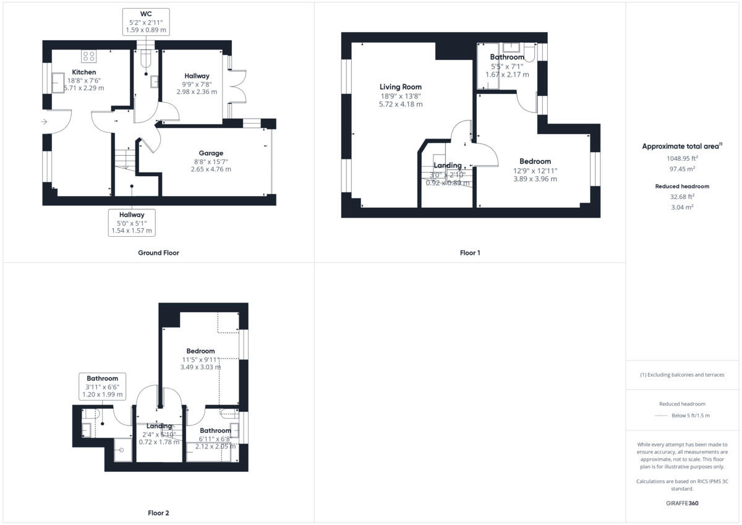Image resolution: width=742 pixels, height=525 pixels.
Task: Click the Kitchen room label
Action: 84,72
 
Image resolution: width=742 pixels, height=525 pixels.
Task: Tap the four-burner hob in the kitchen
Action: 88,57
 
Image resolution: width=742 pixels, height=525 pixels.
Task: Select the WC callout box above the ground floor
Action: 145,22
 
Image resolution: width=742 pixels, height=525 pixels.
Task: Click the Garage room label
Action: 211,153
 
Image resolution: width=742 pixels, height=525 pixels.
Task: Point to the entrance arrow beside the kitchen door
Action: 43,122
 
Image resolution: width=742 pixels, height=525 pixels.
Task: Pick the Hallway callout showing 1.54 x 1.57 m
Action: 132,223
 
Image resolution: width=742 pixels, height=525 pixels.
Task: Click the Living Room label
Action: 400,87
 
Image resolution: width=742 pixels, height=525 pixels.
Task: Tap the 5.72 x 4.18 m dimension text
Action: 400,105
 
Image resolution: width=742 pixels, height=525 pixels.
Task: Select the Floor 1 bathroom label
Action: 507,58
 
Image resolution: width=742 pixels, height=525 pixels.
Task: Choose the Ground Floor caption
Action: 158,253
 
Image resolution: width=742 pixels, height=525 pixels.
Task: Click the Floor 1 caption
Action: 469,253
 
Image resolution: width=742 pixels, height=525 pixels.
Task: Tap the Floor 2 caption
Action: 158,513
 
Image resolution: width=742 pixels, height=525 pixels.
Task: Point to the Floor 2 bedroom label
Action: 198,351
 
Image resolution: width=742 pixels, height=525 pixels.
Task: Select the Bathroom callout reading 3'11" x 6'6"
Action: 103,386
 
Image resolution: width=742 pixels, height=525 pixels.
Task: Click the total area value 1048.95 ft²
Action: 682,158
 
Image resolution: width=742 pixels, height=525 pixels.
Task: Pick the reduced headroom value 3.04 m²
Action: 682,207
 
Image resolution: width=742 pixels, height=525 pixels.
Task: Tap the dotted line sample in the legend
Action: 662,416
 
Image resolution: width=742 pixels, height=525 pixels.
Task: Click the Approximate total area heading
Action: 681,147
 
